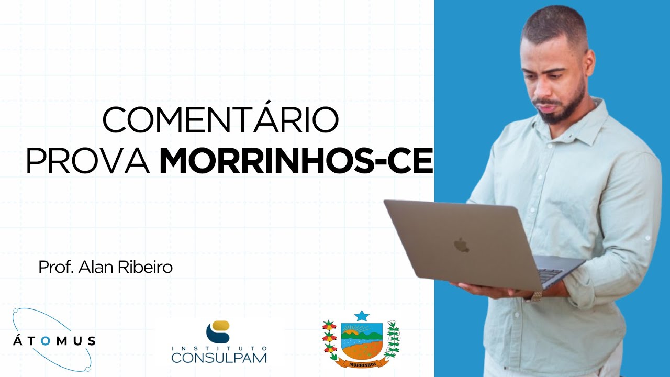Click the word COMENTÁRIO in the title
(x=220, y=120)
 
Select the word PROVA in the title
(x=87, y=161)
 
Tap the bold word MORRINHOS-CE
(x=296, y=161)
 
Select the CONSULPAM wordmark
(x=219, y=358)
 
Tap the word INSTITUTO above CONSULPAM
(x=219, y=348)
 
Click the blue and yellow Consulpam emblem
(x=218, y=331)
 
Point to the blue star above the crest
(x=361, y=316)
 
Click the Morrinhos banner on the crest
(x=361, y=362)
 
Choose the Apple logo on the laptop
(x=461, y=245)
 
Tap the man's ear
(x=589, y=62)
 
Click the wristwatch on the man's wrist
(x=534, y=296)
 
